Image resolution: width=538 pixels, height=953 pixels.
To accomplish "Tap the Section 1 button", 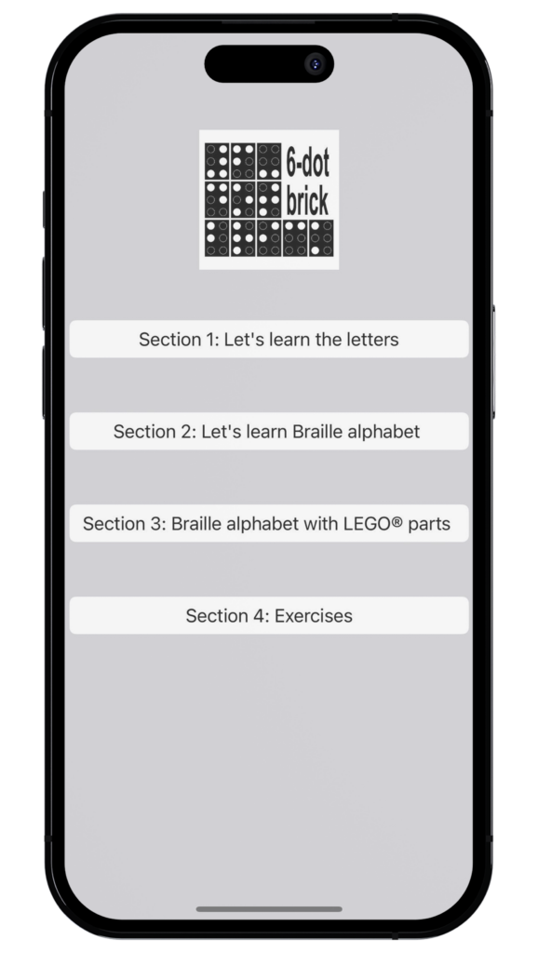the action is (x=269, y=339).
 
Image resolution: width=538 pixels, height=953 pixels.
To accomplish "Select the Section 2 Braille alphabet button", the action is (x=269, y=431).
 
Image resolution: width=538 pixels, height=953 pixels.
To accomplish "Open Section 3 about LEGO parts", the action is (x=269, y=523).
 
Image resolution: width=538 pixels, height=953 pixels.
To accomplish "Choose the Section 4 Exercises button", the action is (x=269, y=615).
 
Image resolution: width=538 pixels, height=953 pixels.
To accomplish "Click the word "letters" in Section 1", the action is (x=372, y=339).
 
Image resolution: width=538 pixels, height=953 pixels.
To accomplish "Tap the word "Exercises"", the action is (x=313, y=616).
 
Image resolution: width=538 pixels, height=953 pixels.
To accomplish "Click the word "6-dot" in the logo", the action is (x=307, y=164).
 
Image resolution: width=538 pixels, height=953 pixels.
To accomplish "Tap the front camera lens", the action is (x=315, y=64).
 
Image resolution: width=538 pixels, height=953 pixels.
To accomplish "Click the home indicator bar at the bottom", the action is (x=269, y=909).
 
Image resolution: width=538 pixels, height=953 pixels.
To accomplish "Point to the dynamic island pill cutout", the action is (x=269, y=64).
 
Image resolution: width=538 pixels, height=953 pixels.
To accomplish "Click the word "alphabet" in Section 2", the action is (x=387, y=432).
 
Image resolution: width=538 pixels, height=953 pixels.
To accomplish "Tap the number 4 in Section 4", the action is (x=260, y=616).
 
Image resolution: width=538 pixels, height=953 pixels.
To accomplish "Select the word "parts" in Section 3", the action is (x=429, y=524).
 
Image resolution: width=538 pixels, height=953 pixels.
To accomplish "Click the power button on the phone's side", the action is (x=493, y=362).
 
